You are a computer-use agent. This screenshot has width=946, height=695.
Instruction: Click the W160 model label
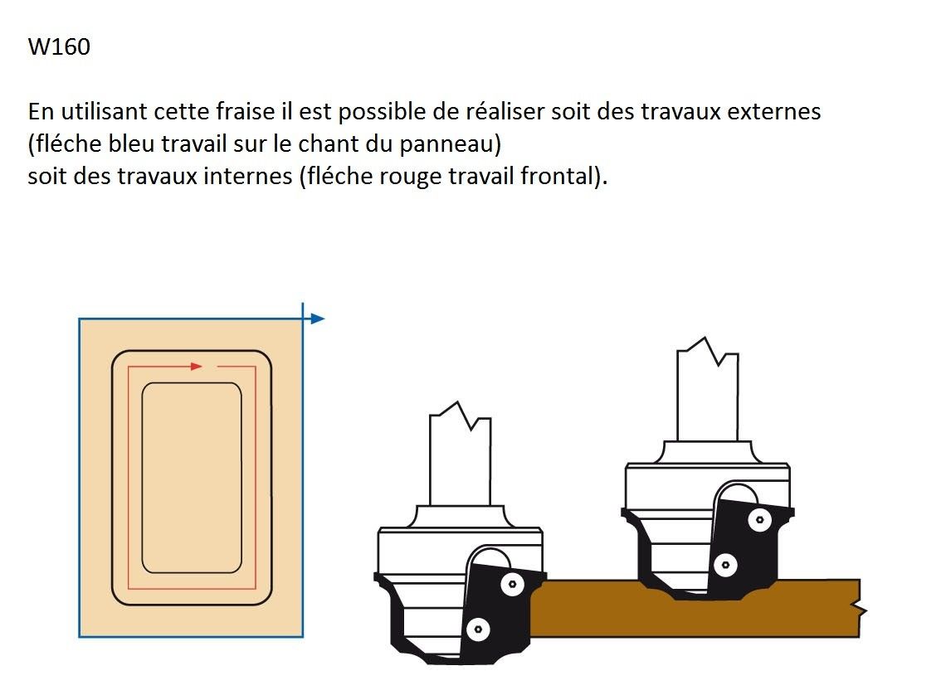59,47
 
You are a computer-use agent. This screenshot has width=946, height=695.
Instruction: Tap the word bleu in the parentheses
131,143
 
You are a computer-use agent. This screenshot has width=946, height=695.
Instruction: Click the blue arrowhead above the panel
317,318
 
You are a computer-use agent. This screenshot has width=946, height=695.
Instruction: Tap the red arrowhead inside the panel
197,367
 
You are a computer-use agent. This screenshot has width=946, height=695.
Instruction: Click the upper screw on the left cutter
512,584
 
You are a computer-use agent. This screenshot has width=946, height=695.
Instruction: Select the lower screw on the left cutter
479,630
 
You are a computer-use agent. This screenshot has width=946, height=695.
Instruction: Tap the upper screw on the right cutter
759,520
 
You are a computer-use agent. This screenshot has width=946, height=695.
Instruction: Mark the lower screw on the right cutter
725,566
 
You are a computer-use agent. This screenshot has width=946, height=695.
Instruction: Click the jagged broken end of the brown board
860,609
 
